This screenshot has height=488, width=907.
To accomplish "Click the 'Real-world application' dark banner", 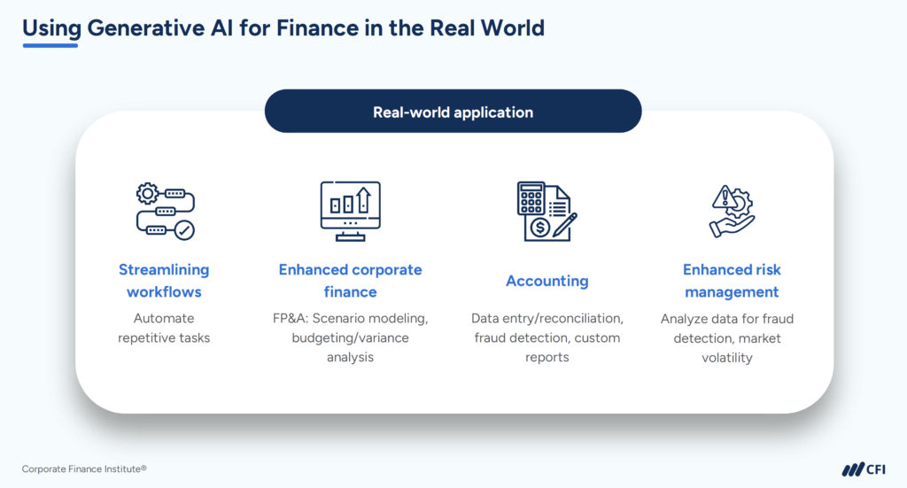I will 453,112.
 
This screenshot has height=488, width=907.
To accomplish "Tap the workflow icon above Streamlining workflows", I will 165,211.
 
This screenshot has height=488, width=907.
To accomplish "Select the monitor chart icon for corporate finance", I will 350,211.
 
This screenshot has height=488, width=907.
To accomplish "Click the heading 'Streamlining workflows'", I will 164,281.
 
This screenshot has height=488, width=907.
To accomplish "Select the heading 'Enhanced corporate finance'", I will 350,281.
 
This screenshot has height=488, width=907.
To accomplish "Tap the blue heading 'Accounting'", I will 547,281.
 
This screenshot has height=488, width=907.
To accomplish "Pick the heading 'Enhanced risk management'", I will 732,281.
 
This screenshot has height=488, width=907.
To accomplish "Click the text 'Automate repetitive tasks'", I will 164,328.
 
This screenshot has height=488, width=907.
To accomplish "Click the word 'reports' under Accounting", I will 547,358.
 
